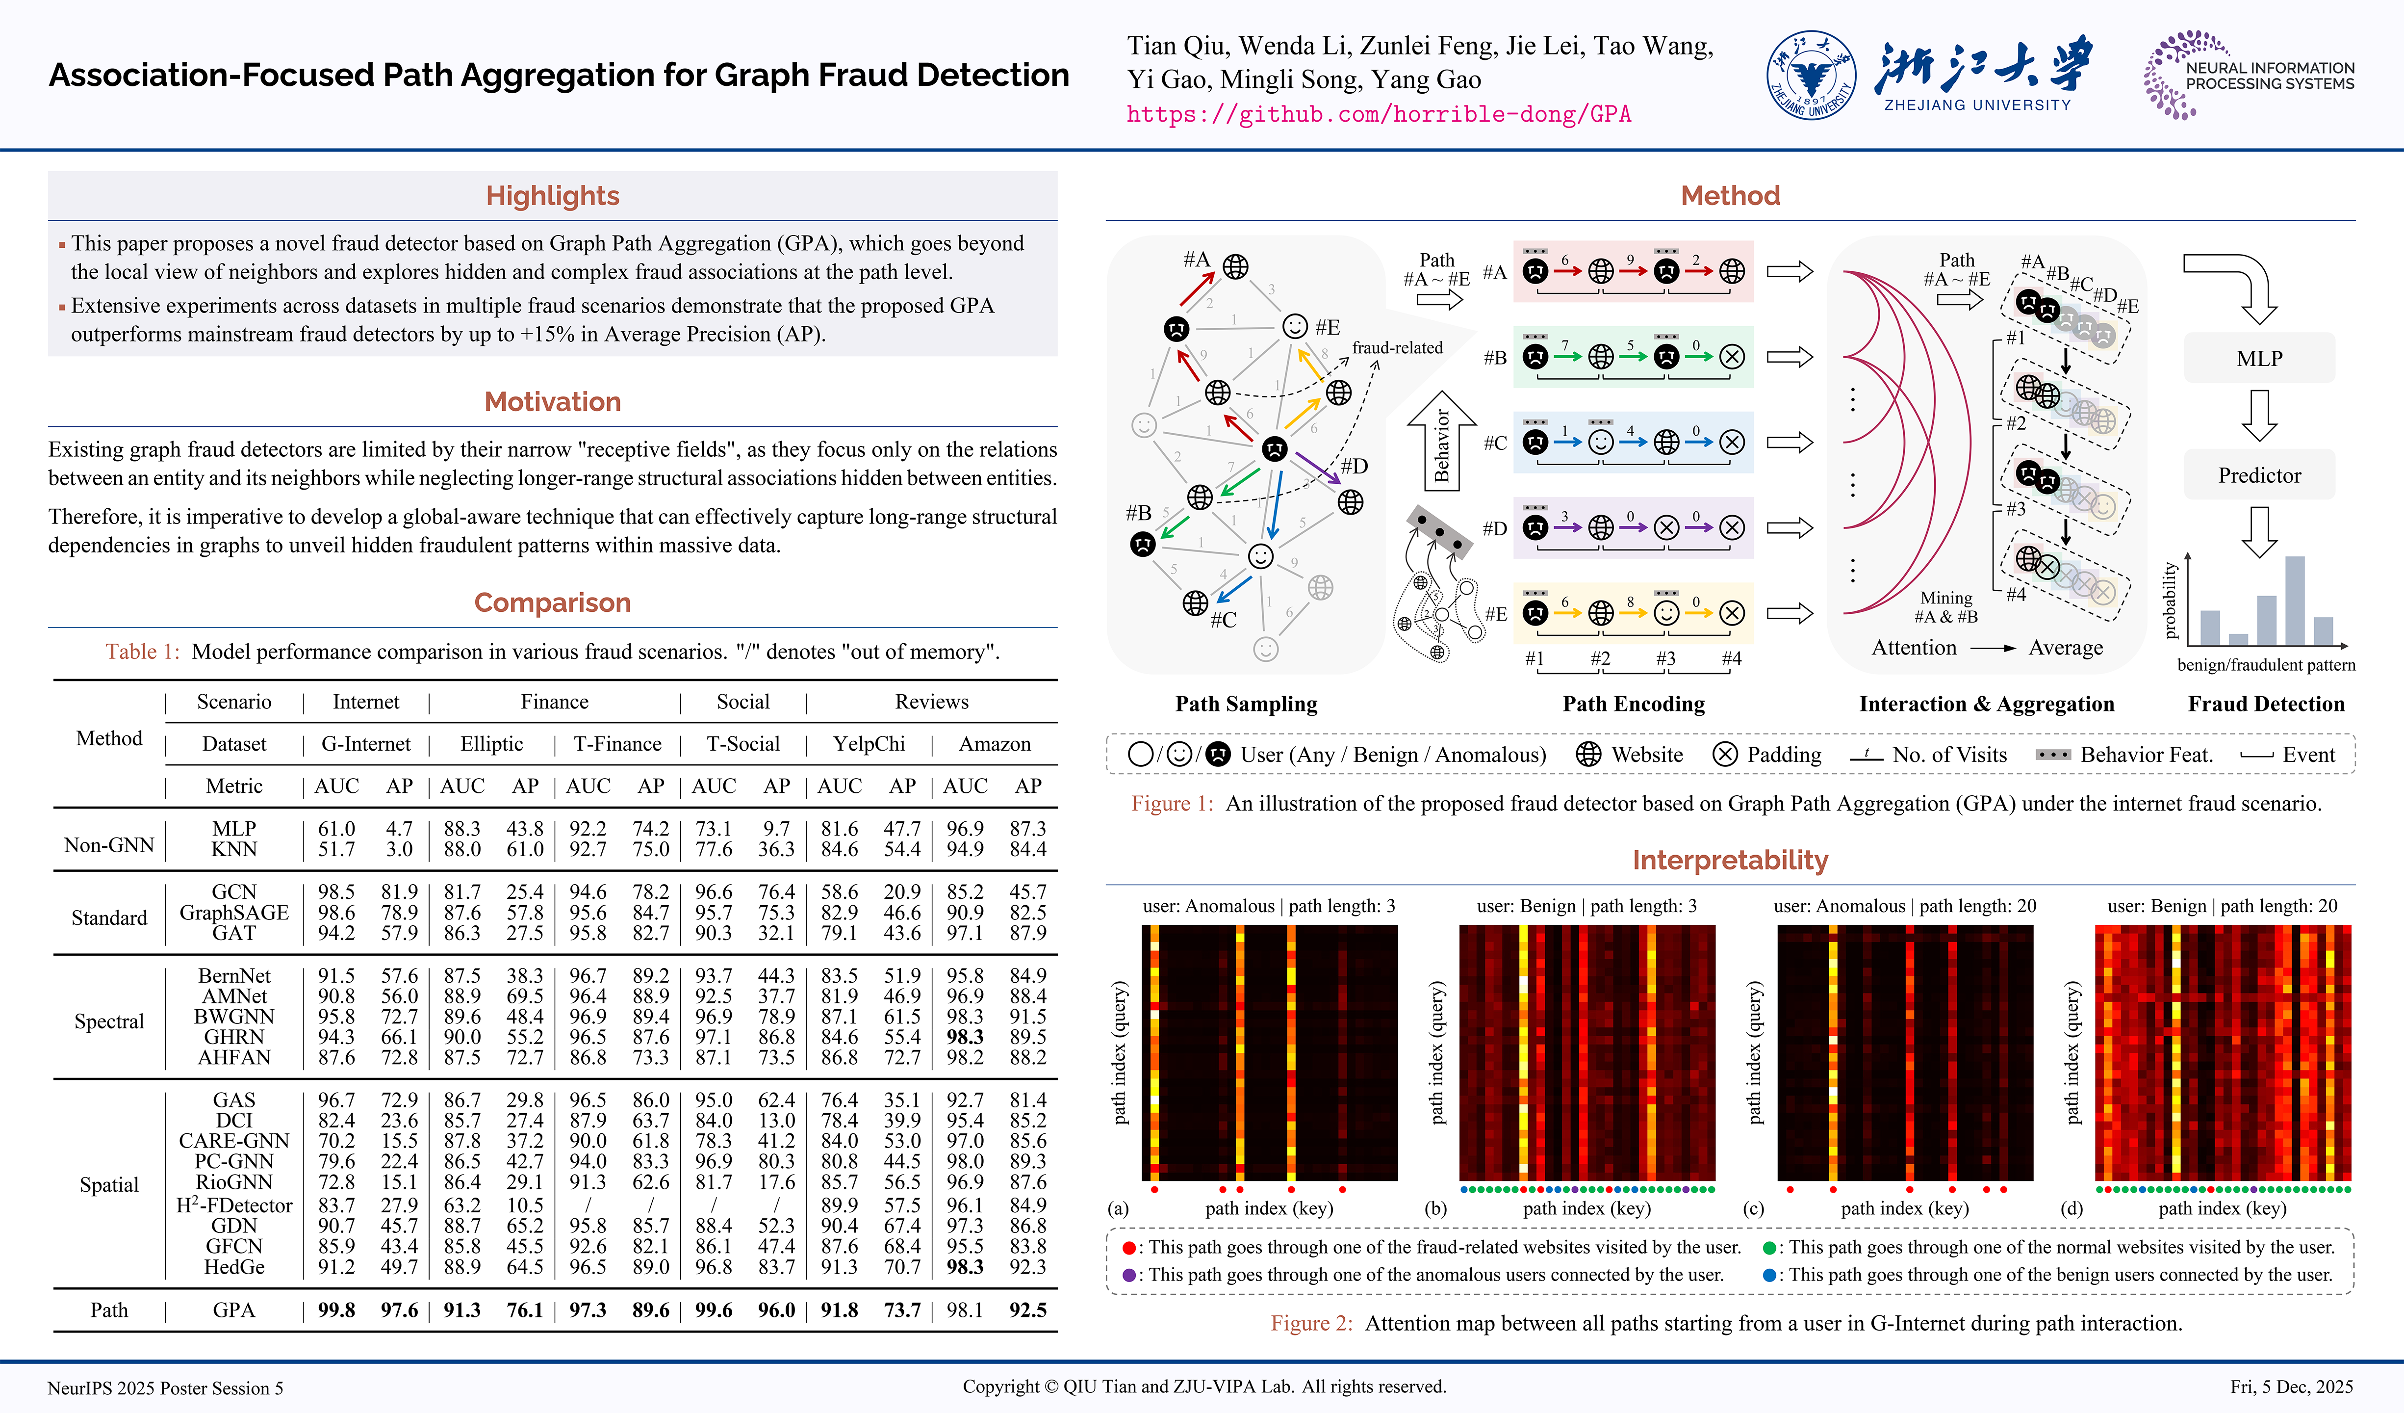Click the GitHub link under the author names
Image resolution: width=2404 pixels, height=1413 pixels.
[x=1379, y=114]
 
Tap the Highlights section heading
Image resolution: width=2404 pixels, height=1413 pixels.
[x=552, y=196]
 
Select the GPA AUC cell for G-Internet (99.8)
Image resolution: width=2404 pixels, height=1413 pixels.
[x=336, y=1310]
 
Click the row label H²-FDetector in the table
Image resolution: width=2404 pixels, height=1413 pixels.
[x=234, y=1205]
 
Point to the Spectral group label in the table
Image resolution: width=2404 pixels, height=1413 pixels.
[x=109, y=1021]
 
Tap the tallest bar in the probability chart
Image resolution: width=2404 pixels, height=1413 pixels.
[x=2294, y=601]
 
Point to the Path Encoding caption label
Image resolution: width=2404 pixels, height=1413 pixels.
[x=1633, y=704]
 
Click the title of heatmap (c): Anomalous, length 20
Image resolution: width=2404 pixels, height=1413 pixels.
[x=1904, y=905]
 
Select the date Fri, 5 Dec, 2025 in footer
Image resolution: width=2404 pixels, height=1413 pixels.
[x=2291, y=1387]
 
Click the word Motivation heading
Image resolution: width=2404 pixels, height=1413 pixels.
[x=552, y=402]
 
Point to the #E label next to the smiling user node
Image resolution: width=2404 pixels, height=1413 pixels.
[x=1327, y=327]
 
